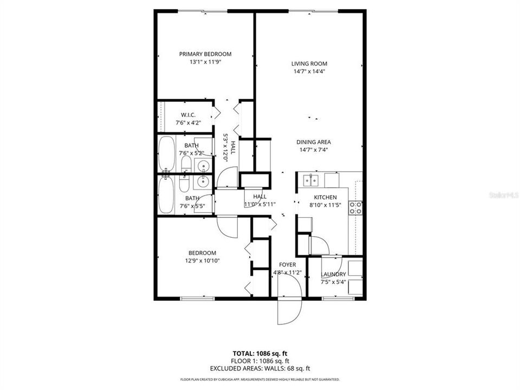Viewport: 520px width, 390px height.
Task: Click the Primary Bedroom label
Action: click(x=205, y=54)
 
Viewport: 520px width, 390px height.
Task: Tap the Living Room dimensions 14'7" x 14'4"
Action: click(x=309, y=71)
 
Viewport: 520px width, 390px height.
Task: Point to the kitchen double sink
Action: click(x=311, y=179)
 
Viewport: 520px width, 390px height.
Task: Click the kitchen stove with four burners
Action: click(x=356, y=207)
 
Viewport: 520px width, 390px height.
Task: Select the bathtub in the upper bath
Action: click(x=167, y=153)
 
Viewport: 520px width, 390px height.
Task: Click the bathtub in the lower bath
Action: click(x=167, y=195)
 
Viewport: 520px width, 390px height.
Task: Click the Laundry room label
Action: click(x=333, y=275)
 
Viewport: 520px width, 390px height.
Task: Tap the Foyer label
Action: click(x=287, y=265)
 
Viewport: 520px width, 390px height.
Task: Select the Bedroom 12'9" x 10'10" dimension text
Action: click(x=202, y=261)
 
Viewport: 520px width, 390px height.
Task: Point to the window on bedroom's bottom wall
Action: click(x=197, y=298)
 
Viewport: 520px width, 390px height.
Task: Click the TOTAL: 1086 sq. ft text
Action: click(x=259, y=353)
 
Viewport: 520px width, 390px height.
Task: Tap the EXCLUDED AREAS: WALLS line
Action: click(x=259, y=368)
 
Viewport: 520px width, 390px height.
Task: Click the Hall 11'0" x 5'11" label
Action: click(x=260, y=200)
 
